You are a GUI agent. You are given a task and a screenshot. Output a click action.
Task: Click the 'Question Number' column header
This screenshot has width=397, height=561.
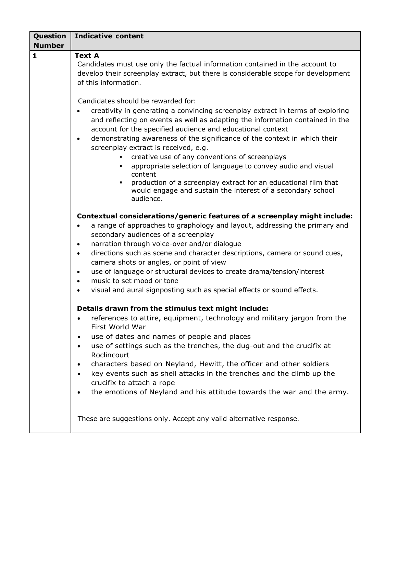pyautogui.click(x=50, y=41)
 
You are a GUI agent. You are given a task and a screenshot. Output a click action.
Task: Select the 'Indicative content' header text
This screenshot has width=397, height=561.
pyautogui.click(x=109, y=36)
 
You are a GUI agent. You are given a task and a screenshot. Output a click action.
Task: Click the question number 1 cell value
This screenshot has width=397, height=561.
pyautogui.click(x=35, y=55)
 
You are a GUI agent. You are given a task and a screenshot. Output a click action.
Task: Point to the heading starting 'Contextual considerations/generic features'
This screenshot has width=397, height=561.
pyautogui.click(x=214, y=216)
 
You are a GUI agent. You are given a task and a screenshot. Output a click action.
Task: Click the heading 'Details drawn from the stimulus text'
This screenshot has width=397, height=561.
pyautogui.click(x=173, y=308)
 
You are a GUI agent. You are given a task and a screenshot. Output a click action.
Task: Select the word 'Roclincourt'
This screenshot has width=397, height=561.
pyautogui.click(x=110, y=355)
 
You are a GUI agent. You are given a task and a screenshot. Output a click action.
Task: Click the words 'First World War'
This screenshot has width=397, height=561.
pyautogui.click(x=119, y=327)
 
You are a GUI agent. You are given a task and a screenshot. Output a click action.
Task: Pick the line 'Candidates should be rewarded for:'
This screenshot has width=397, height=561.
pyautogui.click(x=137, y=101)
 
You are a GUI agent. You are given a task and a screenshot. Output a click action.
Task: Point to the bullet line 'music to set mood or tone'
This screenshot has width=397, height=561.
pyautogui.click(x=135, y=281)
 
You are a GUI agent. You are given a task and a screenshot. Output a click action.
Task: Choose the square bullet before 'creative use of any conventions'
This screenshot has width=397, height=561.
pyautogui.click(x=121, y=157)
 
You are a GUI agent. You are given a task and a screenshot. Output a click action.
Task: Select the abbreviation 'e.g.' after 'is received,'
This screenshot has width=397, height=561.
pyautogui.click(x=202, y=148)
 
